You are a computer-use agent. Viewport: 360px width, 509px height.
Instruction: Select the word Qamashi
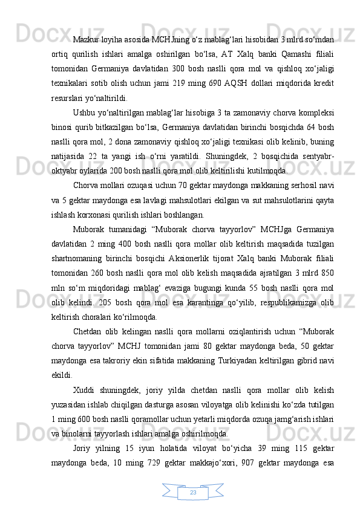click(x=291, y=54)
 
